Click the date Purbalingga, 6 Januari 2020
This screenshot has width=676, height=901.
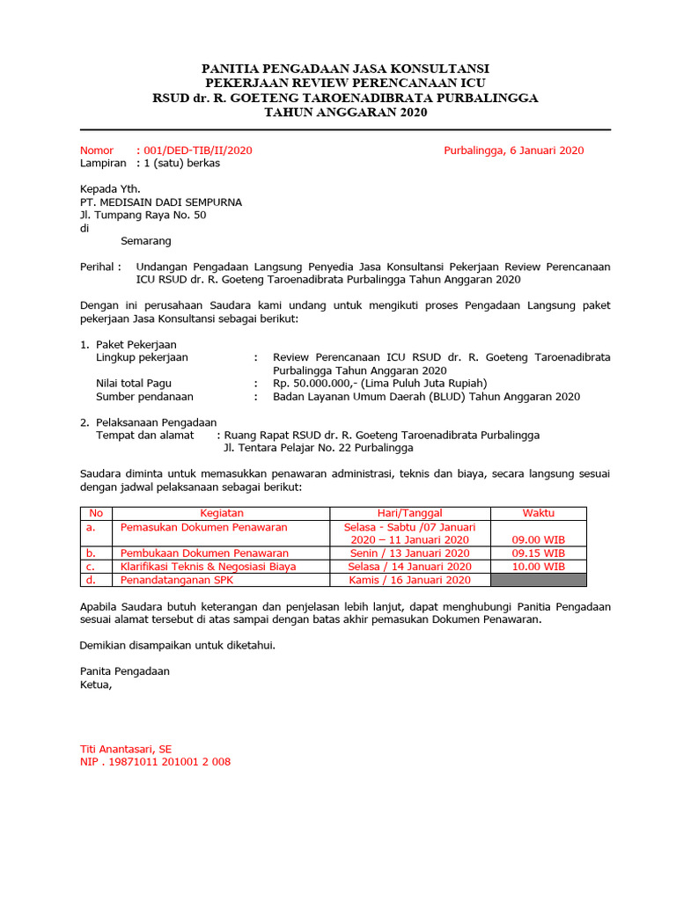(513, 150)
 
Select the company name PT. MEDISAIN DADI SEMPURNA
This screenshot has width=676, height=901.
(161, 202)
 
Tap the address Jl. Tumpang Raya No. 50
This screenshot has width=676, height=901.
(143, 216)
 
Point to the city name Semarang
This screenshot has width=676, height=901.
(146, 241)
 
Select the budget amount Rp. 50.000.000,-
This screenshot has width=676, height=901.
(313, 384)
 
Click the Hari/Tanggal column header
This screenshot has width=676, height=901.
(409, 513)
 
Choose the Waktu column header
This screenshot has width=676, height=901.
(538, 513)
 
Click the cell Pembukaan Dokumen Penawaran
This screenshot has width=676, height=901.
(204, 553)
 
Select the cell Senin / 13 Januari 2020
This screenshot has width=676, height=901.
(409, 553)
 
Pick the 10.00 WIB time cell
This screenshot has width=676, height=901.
(538, 567)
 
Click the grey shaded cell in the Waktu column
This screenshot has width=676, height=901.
(538, 580)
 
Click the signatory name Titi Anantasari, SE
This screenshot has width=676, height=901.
(126, 749)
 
